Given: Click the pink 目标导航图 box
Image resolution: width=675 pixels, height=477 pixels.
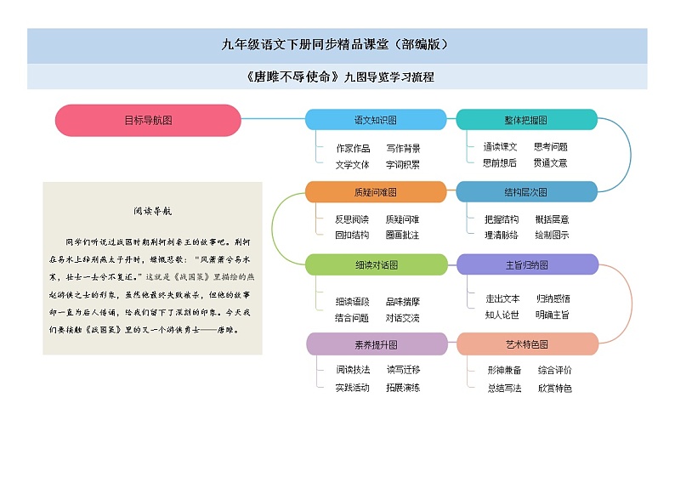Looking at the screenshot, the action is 148,120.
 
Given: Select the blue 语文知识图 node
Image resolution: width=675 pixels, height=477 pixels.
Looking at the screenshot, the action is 376,120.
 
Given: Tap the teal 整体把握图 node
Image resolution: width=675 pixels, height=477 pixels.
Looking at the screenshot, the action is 526,120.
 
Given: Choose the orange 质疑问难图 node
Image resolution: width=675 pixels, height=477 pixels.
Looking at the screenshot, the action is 376,192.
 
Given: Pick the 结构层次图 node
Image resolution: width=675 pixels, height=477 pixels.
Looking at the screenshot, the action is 526,192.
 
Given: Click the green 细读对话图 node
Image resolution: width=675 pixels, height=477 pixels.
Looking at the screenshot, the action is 376,264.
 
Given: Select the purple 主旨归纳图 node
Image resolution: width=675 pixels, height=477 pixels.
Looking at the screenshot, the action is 528,264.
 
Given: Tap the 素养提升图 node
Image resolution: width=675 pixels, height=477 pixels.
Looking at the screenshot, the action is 377,344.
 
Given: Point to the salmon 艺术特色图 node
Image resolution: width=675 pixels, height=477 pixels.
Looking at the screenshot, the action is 528,344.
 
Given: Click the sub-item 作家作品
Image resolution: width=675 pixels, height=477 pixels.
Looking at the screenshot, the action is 353,148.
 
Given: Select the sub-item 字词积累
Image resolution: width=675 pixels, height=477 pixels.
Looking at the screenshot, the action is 403,164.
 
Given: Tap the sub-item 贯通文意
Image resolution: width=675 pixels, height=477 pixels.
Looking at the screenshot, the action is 550,162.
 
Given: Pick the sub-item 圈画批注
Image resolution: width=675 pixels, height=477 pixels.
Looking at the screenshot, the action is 403,235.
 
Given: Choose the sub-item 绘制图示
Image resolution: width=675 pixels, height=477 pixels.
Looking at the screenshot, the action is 552,235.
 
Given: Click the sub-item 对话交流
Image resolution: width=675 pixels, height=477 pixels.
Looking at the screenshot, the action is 403,317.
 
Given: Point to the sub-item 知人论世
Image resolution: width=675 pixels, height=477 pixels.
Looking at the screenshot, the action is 502,315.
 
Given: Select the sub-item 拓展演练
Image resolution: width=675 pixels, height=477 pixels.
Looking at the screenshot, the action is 403,387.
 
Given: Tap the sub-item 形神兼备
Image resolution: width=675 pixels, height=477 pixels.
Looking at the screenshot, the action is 504,370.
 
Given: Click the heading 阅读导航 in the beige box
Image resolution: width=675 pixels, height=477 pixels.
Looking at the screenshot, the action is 152,211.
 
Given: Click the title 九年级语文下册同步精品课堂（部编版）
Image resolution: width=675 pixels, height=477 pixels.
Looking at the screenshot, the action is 337,45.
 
